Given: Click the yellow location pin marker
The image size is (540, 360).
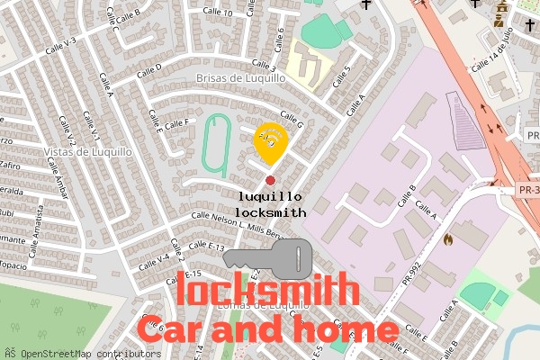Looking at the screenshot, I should (x=271, y=139).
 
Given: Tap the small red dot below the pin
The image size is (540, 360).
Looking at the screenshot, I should (x=271, y=181).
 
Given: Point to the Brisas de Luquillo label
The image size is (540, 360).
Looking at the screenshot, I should (x=241, y=78).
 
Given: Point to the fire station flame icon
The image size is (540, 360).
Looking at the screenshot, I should (x=447, y=240).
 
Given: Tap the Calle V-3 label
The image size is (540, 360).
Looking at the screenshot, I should (x=58, y=43).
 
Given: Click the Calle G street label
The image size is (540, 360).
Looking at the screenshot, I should (x=292, y=119).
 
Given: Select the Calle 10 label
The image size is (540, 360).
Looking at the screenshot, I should (x=217, y=13).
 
